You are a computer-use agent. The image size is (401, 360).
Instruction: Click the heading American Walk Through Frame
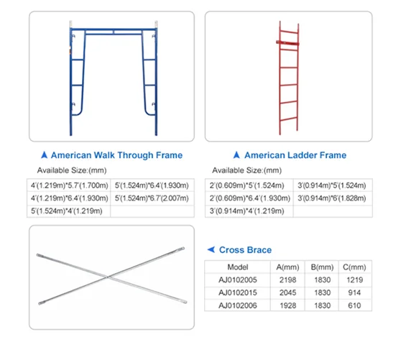coord(117,155)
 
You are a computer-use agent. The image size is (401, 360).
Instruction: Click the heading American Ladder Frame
coord(295,155)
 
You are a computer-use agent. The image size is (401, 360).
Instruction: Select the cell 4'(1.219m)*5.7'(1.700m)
coord(69,185)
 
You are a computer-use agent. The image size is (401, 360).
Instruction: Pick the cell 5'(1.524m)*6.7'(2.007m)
coord(151,198)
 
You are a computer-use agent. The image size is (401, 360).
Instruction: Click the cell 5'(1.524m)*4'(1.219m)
coord(69,211)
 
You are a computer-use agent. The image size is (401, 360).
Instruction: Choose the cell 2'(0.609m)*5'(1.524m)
coord(245,185)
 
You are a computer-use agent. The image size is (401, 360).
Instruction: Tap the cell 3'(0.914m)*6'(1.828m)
coord(330,198)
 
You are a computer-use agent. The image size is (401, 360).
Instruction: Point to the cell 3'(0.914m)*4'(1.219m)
coord(245,211)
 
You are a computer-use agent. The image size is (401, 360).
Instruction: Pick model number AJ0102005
coord(237,280)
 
